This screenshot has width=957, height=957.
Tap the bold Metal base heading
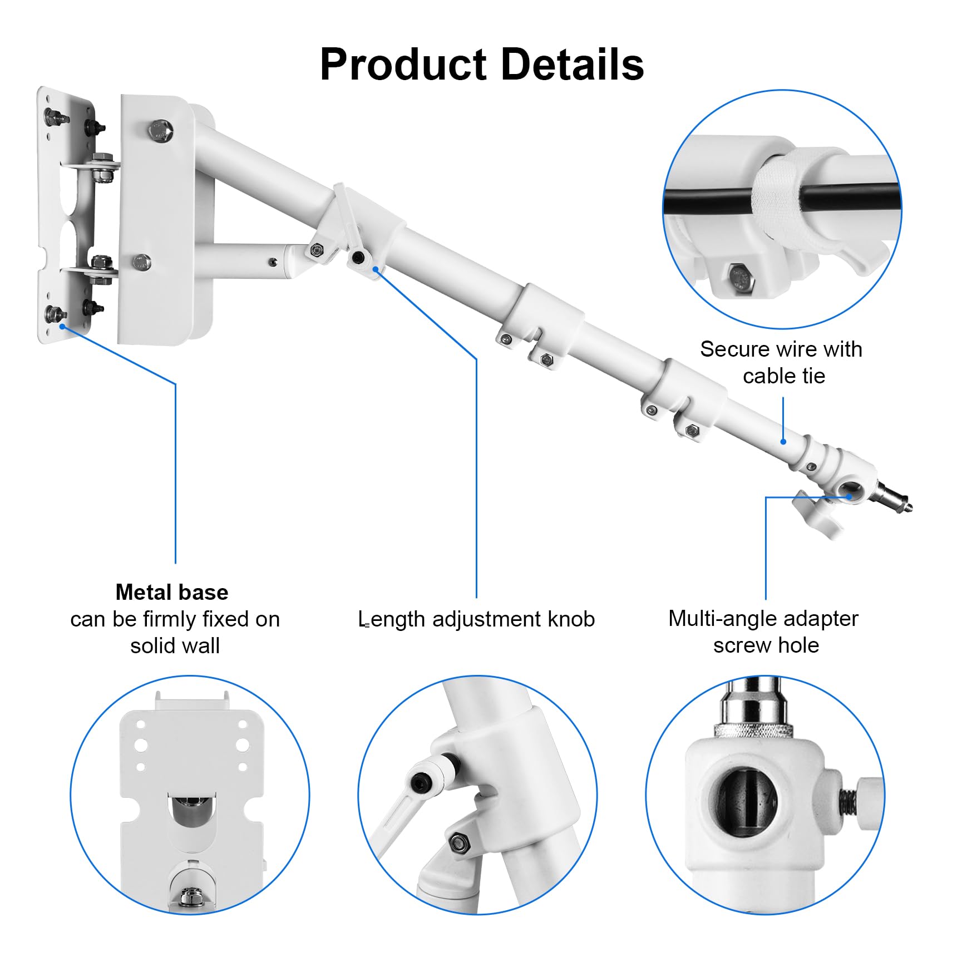[172, 592]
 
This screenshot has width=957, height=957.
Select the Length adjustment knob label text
[477, 619]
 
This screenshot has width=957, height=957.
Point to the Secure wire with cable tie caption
[781, 362]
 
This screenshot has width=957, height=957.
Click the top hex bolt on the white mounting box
[161, 131]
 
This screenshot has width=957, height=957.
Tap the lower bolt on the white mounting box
[143, 262]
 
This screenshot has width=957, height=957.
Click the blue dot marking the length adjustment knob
[376, 269]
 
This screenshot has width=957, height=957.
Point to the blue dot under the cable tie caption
[783, 442]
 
